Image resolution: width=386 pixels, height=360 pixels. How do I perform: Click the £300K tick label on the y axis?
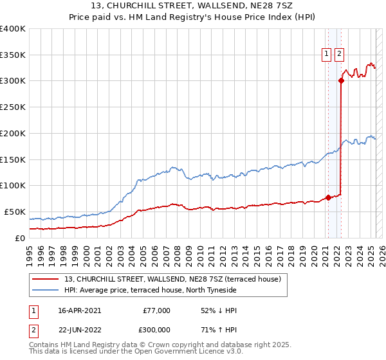tap(13, 81)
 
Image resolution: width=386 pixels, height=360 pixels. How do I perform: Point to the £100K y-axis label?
tap(13, 185)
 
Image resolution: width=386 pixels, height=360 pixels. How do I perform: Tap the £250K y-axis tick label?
tap(13, 107)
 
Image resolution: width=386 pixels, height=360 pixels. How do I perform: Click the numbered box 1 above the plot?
tap(327, 55)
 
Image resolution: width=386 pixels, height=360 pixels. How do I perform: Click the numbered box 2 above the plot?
tap(339, 55)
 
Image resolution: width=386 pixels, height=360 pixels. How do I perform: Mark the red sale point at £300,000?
tap(340, 81)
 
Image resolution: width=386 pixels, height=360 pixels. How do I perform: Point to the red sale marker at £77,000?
tap(327, 197)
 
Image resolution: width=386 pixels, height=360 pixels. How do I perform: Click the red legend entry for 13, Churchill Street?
tap(172, 280)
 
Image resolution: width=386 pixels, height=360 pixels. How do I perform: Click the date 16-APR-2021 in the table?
tap(79, 310)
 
